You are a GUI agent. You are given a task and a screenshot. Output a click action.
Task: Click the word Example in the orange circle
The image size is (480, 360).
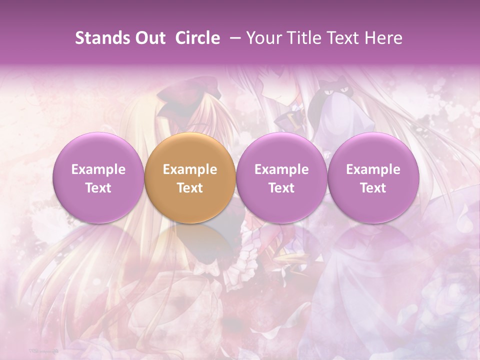pyautogui.click(x=190, y=169)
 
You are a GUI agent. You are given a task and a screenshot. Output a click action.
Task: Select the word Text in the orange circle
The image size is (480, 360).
pyautogui.click(x=190, y=188)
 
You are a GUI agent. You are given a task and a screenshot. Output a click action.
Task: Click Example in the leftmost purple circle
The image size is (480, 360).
pyautogui.click(x=98, y=169)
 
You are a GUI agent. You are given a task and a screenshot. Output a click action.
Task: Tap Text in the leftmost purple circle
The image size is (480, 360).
pyautogui.click(x=98, y=188)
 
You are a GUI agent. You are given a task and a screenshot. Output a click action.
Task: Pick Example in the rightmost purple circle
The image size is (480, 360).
pyautogui.click(x=373, y=169)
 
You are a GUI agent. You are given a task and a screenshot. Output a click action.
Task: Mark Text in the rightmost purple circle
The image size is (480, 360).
pyautogui.click(x=373, y=188)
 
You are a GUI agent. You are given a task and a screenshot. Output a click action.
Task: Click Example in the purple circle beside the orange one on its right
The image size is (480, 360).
pyautogui.click(x=281, y=169)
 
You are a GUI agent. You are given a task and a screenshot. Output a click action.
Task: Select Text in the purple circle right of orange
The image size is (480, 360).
pyautogui.click(x=281, y=188)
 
